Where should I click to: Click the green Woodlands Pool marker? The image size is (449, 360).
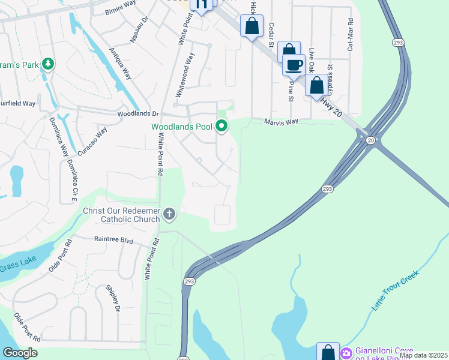tap(221, 126)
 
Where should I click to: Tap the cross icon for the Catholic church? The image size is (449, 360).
tap(170, 214)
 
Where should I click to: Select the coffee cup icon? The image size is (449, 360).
tap(294, 65)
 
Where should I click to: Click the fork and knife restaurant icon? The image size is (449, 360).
tap(201, 5)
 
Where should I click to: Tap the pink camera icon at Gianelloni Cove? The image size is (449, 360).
tap(346, 353)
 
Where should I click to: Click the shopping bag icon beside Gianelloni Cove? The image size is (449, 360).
tap(327, 353)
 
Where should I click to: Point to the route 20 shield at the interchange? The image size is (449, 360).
tap(370, 140)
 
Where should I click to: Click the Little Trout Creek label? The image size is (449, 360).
tap(394, 290)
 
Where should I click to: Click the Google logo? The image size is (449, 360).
tap(20, 353)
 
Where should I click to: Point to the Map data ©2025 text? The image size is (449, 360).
tap(423, 355)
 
